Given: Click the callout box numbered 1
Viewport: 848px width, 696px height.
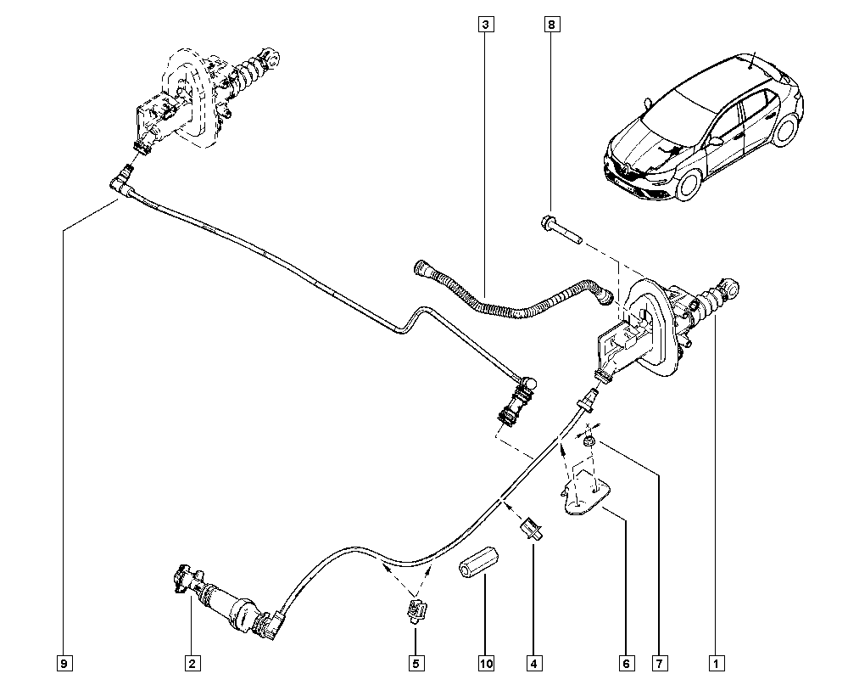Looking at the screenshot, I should pos(717,663).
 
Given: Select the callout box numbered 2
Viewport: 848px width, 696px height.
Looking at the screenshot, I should pos(192,663).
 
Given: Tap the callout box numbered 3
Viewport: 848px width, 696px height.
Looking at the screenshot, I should pos(484,25).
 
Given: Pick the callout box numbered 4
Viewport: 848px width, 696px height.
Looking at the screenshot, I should pos(533,663).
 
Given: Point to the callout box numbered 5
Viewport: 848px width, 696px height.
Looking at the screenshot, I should pos(416,663).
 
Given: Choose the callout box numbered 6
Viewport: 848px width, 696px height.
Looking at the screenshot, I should pos(625,663).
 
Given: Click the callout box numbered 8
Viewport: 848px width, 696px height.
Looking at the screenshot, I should pos(551,25).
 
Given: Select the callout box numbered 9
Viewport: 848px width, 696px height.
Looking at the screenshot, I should pos(64,663).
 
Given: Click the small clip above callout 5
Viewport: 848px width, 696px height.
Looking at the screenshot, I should pos(416,609).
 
